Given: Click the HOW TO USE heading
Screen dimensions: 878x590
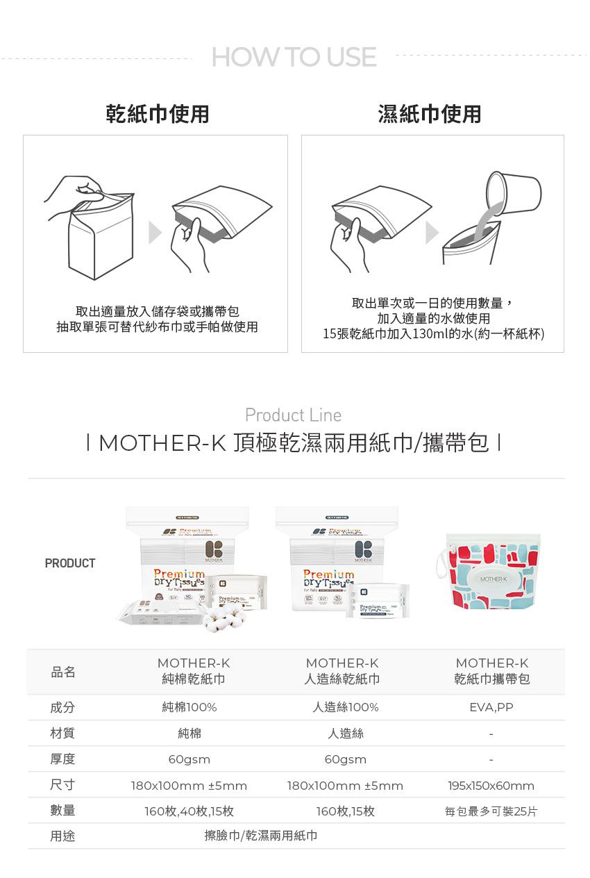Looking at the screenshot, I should click(x=294, y=57).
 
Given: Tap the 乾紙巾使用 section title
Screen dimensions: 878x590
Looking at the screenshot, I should click(x=158, y=113).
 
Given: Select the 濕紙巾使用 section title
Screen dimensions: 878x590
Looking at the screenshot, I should click(x=430, y=113).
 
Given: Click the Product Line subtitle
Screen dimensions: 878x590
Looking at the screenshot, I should click(x=294, y=415).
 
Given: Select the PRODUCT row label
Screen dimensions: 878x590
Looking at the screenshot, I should click(x=70, y=563).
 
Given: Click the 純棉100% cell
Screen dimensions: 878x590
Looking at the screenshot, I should click(x=189, y=708).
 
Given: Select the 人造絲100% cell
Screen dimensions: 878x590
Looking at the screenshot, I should click(x=345, y=708).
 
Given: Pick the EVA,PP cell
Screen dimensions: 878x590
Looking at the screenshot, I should click(x=491, y=708).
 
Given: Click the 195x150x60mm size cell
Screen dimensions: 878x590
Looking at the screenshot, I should click(x=491, y=786).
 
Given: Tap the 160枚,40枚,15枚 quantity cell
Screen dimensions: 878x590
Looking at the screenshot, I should click(x=189, y=811).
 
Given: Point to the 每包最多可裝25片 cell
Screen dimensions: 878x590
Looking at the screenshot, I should click(x=491, y=811).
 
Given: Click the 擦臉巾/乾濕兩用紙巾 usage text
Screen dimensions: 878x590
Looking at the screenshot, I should click(x=261, y=836).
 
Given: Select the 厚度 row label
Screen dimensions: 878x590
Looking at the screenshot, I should click(x=62, y=759).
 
